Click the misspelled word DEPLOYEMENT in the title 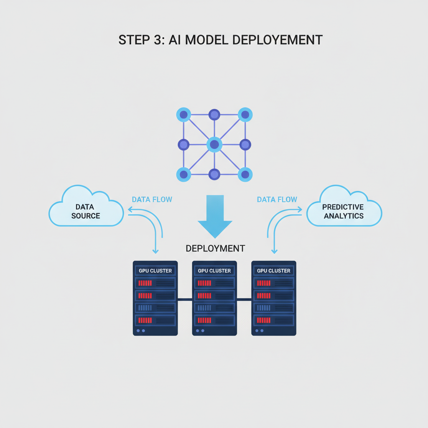tap(277, 40)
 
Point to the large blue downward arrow tap(214, 215)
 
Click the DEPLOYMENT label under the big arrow tap(215, 248)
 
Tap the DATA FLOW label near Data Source tap(152, 199)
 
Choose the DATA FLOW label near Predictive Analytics tap(277, 199)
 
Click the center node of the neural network tap(214, 145)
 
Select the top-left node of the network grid tap(183, 115)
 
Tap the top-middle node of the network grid tap(214, 115)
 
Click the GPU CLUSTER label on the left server tap(155, 271)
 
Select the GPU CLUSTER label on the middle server tap(214, 271)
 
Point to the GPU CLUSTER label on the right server tap(274, 271)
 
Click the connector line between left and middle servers tap(185, 299)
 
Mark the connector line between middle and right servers tap(244, 299)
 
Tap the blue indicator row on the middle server tap(214, 308)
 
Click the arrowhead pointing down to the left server tap(155, 251)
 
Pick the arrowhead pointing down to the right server tap(274, 251)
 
